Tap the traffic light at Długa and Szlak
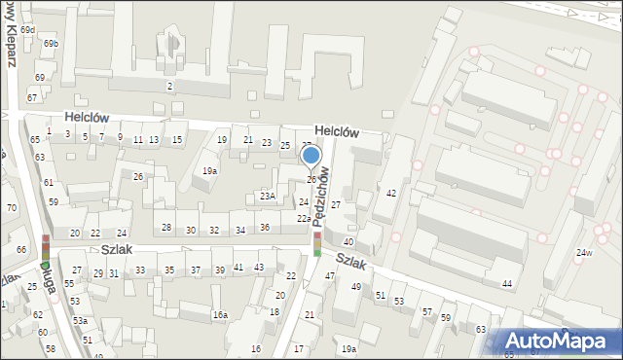coord(45,248)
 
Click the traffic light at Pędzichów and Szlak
coord(316,243)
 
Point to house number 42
coord(391,194)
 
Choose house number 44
coord(506,283)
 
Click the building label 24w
coord(583,253)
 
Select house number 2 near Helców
coord(169,87)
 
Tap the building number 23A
coord(267,196)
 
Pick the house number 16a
coord(221,314)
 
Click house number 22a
coord(304,219)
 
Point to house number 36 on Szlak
coord(264,228)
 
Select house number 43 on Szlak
coord(259,268)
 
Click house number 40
coord(348,241)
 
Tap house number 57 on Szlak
coord(426,311)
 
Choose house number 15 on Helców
coord(177,140)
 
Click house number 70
coord(12,208)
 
